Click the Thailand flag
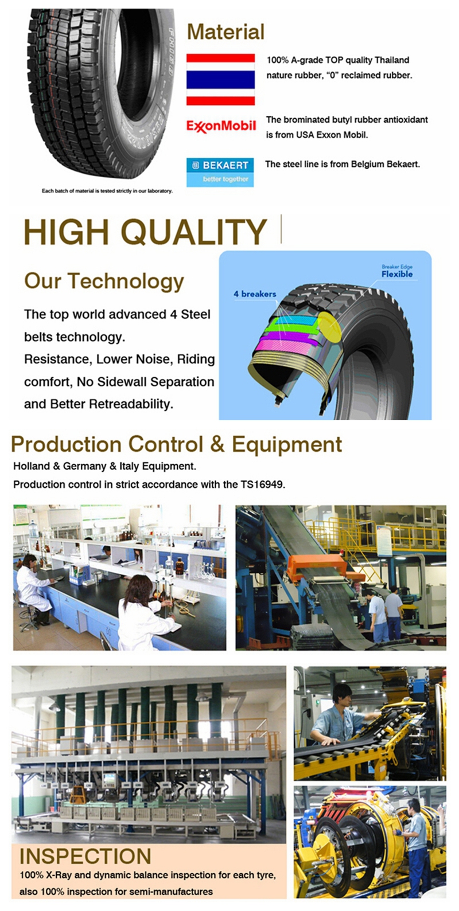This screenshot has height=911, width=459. pyautogui.click(x=220, y=79)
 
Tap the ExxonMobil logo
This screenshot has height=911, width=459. pyautogui.click(x=221, y=126)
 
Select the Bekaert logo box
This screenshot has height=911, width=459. pyautogui.click(x=220, y=172)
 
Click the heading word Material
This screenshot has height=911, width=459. pyautogui.click(x=226, y=32)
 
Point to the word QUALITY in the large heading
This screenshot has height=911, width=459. pyautogui.click(x=194, y=232)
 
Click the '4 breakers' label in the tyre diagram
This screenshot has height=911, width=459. pyautogui.click(x=255, y=294)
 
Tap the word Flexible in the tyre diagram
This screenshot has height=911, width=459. pyautogui.click(x=397, y=274)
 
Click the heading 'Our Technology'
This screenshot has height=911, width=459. pyautogui.click(x=104, y=281)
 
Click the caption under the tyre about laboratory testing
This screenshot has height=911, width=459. pyautogui.click(x=107, y=191)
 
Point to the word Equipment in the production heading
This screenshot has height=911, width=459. pyautogui.click(x=287, y=444)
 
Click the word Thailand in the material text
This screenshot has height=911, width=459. pyautogui.click(x=392, y=60)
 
